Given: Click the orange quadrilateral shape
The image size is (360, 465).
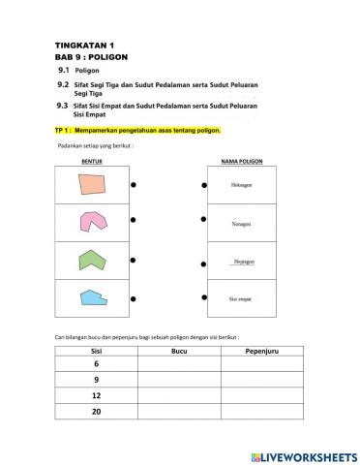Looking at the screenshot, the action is click(92, 184).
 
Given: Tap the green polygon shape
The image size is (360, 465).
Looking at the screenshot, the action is click(92, 260).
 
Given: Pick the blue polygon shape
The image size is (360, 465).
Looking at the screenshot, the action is click(92, 297).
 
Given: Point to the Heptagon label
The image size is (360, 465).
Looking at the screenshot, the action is click(242, 261).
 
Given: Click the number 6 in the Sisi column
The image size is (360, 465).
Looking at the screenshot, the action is click(96, 363).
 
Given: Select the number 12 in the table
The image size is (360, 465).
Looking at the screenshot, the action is click(96, 397).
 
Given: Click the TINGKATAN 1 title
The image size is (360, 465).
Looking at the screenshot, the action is click(85, 46).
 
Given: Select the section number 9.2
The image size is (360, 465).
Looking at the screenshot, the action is click(62, 84).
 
